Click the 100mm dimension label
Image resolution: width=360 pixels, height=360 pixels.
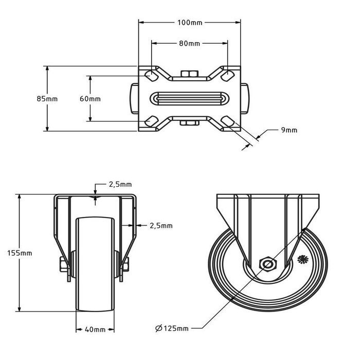[190, 23]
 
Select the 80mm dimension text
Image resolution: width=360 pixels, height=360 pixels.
[189, 43]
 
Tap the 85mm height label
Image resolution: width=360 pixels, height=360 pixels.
[47, 99]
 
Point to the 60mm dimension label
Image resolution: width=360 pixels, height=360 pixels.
[90, 99]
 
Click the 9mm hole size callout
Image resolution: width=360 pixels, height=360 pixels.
[289, 130]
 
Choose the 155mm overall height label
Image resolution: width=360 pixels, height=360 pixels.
[20, 253]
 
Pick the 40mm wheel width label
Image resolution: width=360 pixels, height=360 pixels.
[95, 330]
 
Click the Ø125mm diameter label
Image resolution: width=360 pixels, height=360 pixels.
[172, 328]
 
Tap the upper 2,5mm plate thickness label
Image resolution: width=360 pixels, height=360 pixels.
[120, 184]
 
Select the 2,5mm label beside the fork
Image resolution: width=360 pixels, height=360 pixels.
[161, 226]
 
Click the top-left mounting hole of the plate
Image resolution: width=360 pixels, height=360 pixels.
[151, 76]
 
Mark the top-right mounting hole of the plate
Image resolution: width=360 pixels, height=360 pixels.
[227, 76]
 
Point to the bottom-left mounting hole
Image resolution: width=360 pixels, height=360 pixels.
[151, 121]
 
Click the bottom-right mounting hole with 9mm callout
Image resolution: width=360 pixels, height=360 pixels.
[227, 121]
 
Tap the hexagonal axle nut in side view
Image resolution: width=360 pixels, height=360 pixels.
[268, 264]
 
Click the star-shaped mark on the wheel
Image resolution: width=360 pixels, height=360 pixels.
[302, 259]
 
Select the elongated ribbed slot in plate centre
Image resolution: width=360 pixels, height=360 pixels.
[189, 99]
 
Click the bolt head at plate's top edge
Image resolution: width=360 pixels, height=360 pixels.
[189, 74]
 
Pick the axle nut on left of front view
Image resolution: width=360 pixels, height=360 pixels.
[62, 264]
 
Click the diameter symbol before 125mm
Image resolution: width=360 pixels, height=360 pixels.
[159, 328]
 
